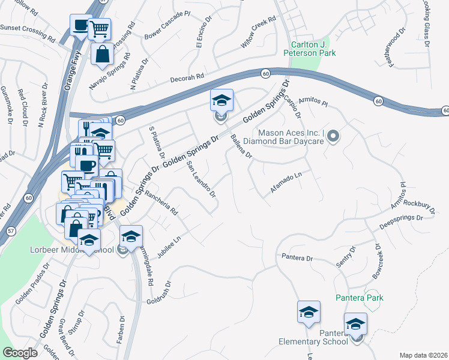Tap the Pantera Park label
coord(359,298)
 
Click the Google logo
coord(20,353)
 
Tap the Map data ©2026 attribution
coord(423,355)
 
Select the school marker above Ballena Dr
coord(221,100)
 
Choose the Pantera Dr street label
coord(298,258)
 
